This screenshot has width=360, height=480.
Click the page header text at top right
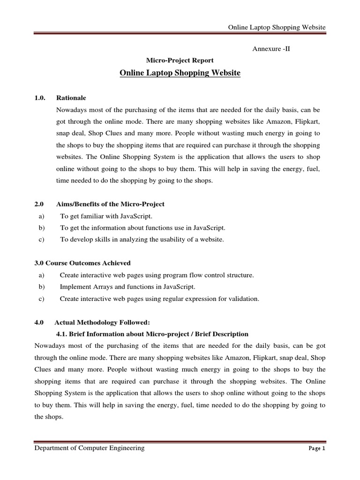(277, 28)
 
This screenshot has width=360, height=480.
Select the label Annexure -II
(271, 49)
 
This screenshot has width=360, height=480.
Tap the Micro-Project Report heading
(180, 60)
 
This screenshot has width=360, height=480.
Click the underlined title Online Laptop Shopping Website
(180, 73)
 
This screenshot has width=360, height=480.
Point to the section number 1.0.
(40, 98)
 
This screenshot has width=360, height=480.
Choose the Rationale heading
(71, 98)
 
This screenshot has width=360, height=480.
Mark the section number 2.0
(39, 204)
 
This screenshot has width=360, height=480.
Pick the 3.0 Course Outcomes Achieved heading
(82, 263)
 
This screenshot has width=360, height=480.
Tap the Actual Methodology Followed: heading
(102, 322)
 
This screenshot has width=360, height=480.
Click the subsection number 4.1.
(62, 334)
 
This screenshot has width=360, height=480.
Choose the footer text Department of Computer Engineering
(90, 448)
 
